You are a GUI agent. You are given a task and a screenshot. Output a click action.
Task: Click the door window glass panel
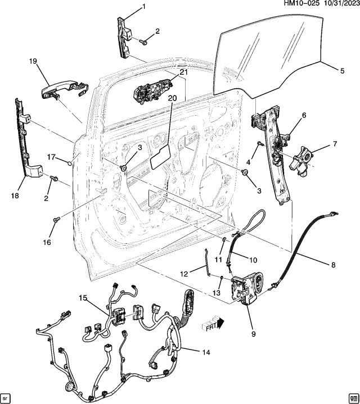(270, 56)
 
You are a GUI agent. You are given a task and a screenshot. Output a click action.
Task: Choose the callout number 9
(253, 334)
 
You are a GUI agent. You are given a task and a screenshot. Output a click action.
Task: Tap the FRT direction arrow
(213, 324)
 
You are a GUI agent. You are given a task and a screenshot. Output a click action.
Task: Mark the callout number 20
(172, 98)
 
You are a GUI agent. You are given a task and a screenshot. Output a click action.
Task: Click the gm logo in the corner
(352, 396)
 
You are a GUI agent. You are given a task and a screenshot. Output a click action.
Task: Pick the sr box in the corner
(7, 396)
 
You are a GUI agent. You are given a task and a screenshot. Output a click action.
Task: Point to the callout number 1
(143, 7)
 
